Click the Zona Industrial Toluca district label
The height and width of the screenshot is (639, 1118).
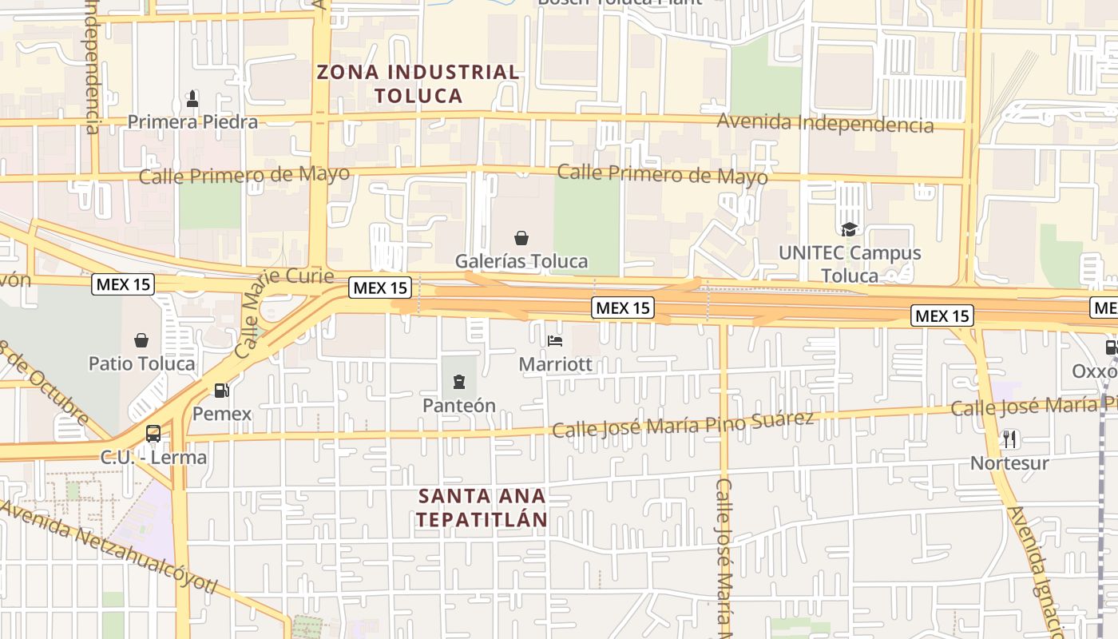point(418,84)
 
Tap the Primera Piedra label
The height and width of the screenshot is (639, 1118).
point(192,122)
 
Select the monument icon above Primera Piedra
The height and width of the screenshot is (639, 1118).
point(192,100)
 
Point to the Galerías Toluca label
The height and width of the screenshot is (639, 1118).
point(521,261)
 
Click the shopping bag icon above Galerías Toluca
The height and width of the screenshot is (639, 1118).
point(521,238)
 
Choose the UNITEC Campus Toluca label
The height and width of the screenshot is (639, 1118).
point(850,264)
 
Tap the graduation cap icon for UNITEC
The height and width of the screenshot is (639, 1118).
point(849,230)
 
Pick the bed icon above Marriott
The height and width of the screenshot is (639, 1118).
point(555,341)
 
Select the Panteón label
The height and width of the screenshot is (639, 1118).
point(459,406)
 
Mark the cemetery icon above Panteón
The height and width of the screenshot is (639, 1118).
point(459,383)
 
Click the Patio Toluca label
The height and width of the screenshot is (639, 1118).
point(141,363)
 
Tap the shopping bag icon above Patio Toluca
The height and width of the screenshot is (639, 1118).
point(141,341)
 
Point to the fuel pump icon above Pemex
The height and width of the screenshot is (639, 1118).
point(222,391)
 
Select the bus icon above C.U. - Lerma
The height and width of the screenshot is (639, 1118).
point(153,434)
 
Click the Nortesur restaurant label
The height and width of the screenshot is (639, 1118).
point(1009,463)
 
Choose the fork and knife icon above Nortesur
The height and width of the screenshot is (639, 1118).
point(1009,439)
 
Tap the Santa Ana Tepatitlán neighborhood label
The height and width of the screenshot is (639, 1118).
point(482,508)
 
